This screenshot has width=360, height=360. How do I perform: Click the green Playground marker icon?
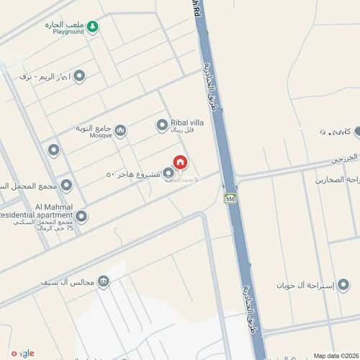point(93,28)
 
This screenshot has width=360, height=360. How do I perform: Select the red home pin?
point(181,163)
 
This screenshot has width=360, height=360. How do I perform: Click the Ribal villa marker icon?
point(162,125)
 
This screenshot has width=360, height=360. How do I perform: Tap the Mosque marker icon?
point(120,130)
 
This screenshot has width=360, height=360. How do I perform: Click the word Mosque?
point(101,135)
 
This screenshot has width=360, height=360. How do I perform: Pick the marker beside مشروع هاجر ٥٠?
point(168,174)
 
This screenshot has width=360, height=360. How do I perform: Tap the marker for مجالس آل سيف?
point(104,282)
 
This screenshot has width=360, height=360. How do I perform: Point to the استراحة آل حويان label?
point(306,286)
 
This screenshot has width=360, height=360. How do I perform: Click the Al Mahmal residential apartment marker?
point(81,216)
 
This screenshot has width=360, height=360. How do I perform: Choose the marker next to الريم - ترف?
point(79,76)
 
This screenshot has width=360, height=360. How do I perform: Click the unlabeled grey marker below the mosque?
point(53,150)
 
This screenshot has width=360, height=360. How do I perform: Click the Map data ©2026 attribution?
point(335,355)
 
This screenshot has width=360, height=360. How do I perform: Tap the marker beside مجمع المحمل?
point(66,186)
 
